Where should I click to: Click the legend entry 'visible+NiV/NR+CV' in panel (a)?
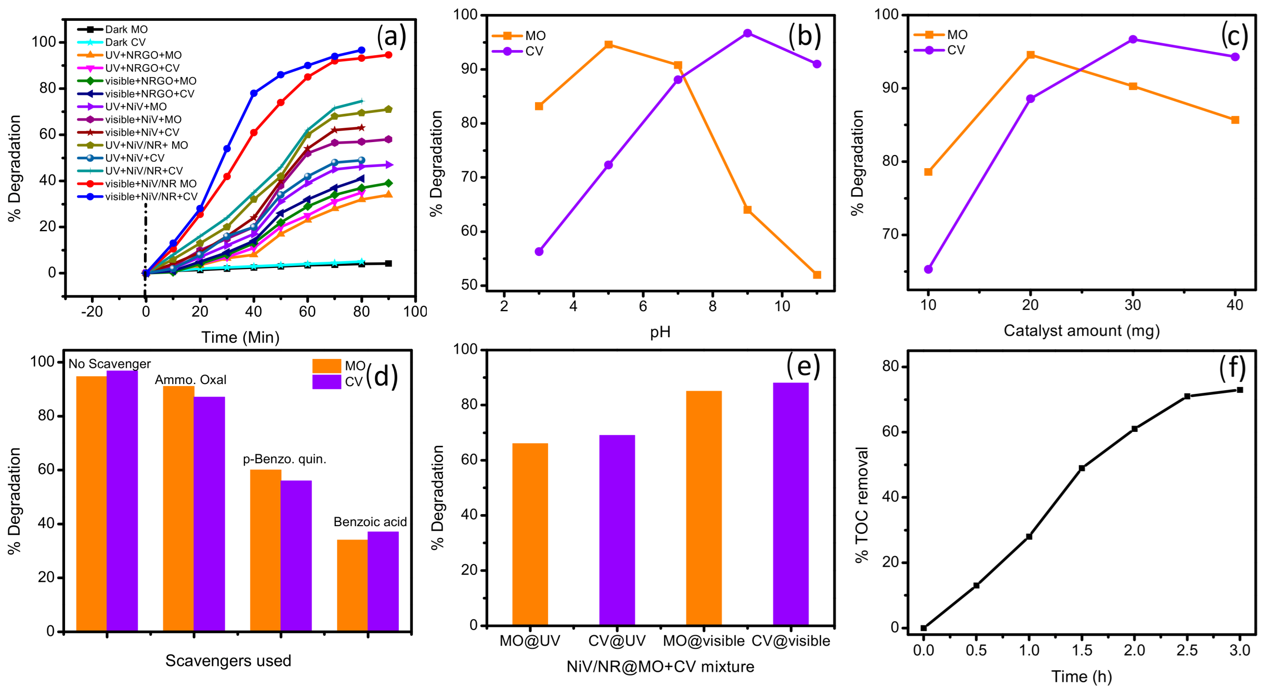151,196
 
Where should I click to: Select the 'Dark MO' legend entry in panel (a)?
126,29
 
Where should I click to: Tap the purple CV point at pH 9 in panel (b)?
747,33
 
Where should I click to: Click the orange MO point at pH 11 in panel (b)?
817,275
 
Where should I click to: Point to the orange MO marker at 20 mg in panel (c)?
1031,55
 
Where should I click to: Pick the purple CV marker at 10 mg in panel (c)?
929,269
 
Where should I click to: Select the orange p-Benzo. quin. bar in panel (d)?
266,550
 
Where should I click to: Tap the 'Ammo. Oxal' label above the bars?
190,379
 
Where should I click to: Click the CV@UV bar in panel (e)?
617,530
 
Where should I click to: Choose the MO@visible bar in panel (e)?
704,508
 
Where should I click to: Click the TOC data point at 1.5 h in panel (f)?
1082,468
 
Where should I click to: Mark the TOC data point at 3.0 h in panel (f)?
1240,390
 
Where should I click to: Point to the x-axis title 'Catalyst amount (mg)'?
1082,331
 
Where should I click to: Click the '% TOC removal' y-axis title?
861,505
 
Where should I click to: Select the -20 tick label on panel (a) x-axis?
92,311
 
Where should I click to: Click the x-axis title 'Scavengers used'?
228,660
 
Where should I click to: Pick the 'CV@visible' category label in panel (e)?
790,641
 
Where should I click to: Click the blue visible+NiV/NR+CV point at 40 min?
254,93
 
